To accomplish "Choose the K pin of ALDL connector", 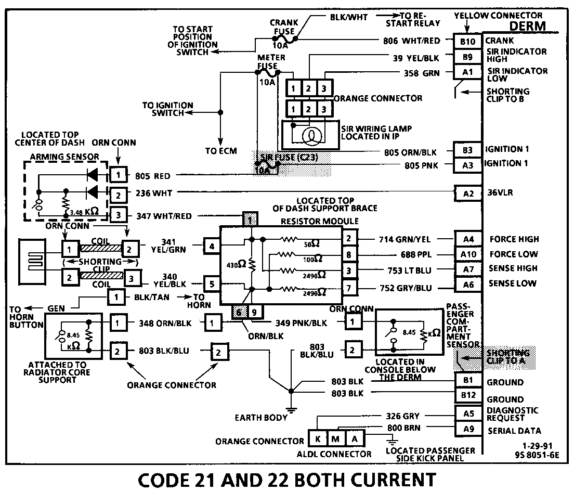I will [317, 439].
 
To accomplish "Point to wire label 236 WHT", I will [153, 193].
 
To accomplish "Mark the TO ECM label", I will [221, 151].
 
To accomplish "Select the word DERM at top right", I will [527, 26].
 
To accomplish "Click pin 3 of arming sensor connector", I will [118, 215].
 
